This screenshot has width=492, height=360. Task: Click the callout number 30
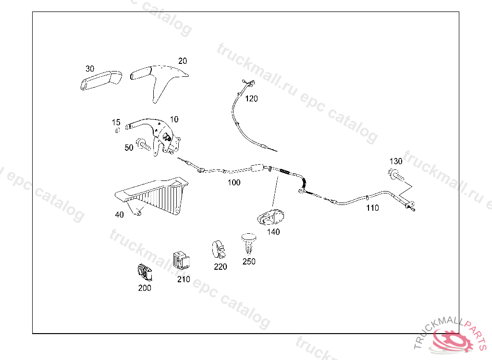click(x=90, y=68)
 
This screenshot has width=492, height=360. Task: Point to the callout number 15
click(x=116, y=122)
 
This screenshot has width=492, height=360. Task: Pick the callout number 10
click(x=174, y=119)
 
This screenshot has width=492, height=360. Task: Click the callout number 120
click(x=251, y=99)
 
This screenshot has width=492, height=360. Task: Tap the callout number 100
click(x=234, y=182)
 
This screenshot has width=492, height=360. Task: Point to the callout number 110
click(x=372, y=208)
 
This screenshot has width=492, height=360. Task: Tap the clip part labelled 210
click(x=181, y=260)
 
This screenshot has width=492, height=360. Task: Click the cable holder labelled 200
click(x=143, y=272)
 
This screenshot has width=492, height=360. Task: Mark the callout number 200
click(x=144, y=288)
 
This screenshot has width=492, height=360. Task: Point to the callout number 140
click(x=273, y=232)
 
